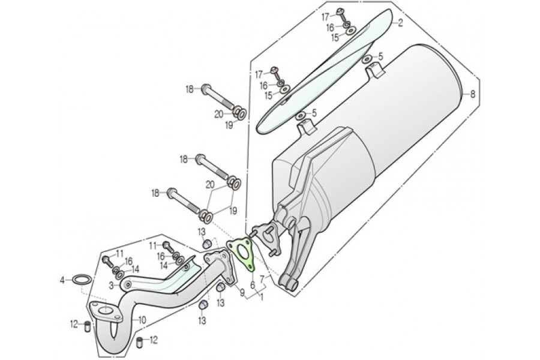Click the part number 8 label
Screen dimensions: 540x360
[473, 94]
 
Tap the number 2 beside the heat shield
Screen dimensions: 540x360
[400, 23]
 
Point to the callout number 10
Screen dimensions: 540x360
[142, 320]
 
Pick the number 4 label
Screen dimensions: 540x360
[62, 280]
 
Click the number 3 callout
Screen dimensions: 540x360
[111, 285]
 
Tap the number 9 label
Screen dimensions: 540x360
[242, 293]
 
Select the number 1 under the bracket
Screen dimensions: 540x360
[262, 296]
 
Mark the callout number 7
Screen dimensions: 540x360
[262, 278]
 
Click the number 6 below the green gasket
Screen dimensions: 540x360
[253, 285]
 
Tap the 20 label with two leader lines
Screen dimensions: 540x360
[210, 185]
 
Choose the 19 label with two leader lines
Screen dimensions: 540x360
[233, 211]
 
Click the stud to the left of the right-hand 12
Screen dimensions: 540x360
[140, 342]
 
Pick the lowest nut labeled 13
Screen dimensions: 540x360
[204, 305]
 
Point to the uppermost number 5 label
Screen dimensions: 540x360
[380, 56]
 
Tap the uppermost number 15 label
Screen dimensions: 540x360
[335, 38]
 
